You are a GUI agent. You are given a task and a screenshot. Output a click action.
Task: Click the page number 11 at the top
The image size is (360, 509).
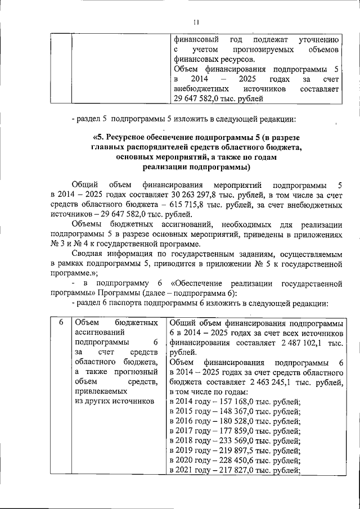point(196,22)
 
